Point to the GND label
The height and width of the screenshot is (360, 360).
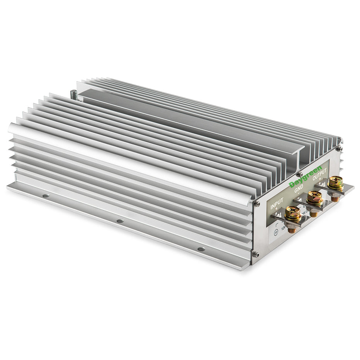pos(299,189)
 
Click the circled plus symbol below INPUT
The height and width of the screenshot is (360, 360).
pos(276,232)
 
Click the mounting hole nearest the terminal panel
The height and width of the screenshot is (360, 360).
pos(201,249)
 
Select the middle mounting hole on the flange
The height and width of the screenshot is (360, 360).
pos(120,221)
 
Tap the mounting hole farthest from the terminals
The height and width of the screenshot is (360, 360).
pos(46,196)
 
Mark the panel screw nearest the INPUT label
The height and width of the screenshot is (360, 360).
pos(256,204)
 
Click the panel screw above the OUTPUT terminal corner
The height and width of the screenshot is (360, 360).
pos(339,148)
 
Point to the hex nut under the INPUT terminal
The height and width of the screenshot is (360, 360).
pos(292,229)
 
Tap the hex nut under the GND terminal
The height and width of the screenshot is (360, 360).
pos(314,213)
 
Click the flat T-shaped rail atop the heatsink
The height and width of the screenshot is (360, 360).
pos(185,120)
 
